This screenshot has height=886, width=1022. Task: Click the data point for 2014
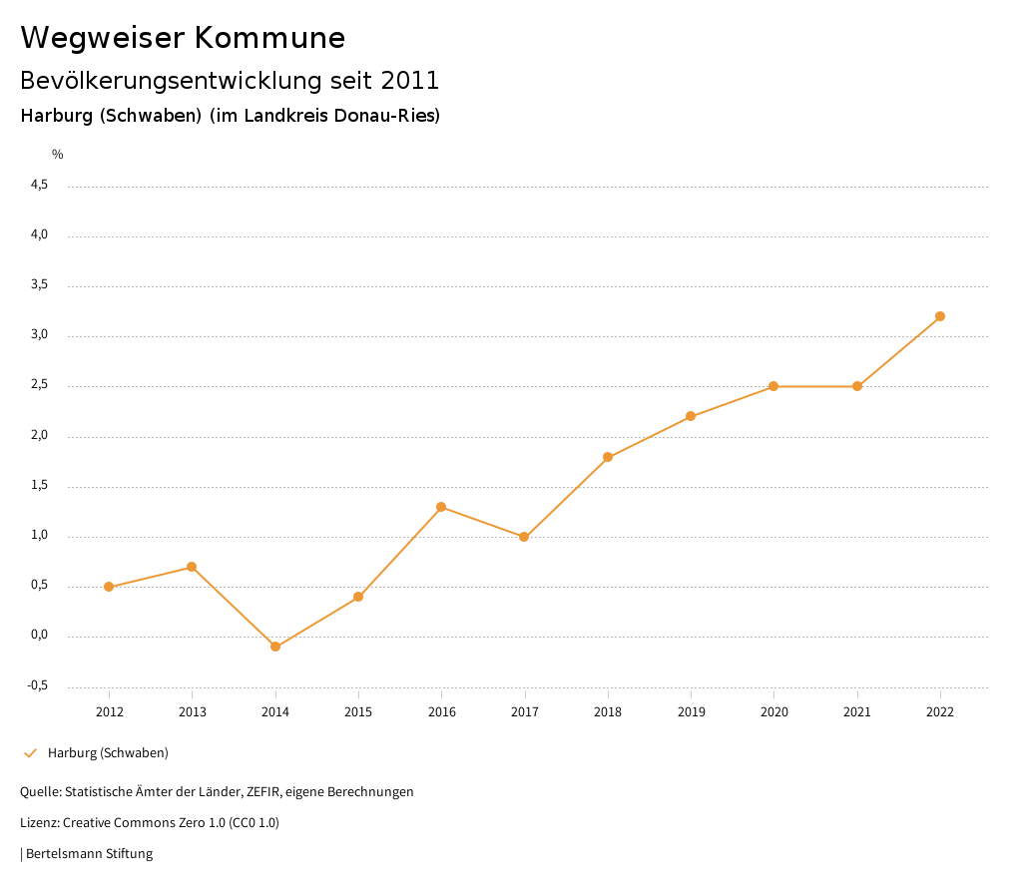click(x=275, y=647)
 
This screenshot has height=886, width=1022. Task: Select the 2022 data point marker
click(x=940, y=316)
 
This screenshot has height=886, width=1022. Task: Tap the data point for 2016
click(x=441, y=507)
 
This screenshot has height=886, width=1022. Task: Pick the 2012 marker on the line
click(x=109, y=587)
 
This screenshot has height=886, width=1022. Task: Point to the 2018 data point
click(x=608, y=457)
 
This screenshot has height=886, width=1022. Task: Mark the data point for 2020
click(x=773, y=386)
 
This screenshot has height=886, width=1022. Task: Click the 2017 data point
click(x=524, y=537)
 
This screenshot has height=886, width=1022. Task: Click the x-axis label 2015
click(x=358, y=711)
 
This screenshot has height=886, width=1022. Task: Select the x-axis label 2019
click(x=691, y=711)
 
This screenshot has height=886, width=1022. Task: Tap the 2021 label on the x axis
click(x=857, y=711)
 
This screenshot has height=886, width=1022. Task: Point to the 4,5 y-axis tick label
click(x=40, y=185)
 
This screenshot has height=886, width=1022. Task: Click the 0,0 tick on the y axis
click(x=40, y=636)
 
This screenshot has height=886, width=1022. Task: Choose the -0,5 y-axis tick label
click(x=38, y=685)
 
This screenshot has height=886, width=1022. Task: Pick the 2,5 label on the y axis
click(x=40, y=385)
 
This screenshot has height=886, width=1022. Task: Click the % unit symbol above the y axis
click(x=58, y=154)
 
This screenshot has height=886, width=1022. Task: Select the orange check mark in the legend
click(x=30, y=753)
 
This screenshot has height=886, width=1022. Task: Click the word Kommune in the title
click(x=269, y=38)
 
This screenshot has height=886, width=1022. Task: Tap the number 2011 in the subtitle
click(x=410, y=80)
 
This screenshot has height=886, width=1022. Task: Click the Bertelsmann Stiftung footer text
click(x=89, y=853)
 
